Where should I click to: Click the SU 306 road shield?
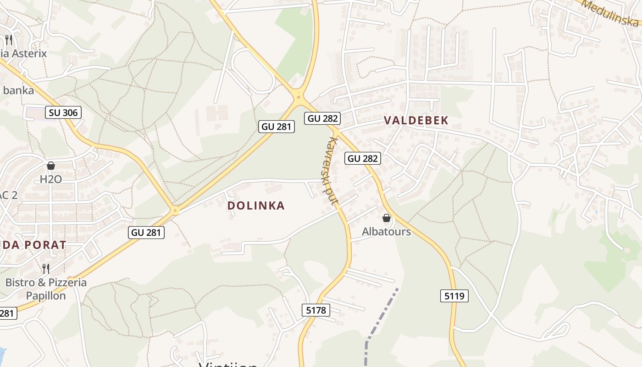pos(64,112)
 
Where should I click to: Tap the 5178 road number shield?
pos(316,310)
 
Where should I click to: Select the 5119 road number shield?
pos(454,296)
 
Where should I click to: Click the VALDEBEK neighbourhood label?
pos(416,120)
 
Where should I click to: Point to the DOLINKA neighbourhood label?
pos(256,206)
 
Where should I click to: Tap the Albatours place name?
pos(386,231)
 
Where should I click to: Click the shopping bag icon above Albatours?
pos(387,218)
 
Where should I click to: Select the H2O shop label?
pos(50,179)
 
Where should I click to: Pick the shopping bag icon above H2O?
pos(51,165)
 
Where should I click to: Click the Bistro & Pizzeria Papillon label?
pos(46,289)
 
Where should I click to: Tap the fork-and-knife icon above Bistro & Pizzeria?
pos(46,268)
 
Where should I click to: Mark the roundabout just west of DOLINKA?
pos(175,211)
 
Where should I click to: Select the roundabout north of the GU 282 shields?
pos(299,96)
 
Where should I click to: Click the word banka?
pos(18,90)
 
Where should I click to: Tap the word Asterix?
pos(29,53)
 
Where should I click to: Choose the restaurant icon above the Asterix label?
pos(8,39)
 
